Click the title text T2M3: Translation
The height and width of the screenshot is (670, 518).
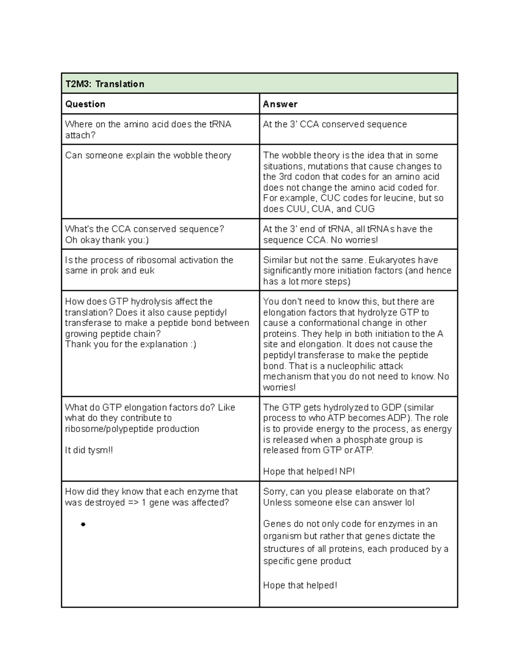coord(104,84)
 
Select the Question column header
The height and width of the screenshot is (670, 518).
coord(85,104)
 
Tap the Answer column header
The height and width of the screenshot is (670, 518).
coord(280,104)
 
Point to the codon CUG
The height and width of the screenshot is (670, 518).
coord(364,209)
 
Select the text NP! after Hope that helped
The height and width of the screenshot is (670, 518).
coord(347,472)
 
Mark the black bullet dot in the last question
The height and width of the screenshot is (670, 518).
coord(83,525)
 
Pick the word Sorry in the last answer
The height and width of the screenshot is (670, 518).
coord(275,492)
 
